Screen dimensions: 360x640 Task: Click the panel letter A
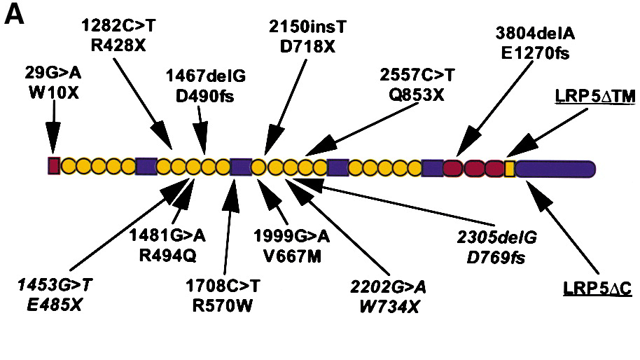(x=15, y=15)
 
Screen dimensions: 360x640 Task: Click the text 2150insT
(x=309, y=28)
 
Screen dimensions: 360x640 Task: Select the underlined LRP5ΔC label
(x=597, y=289)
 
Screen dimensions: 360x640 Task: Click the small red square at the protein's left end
(x=53, y=166)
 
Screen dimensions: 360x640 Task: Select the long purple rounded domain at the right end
(x=556, y=168)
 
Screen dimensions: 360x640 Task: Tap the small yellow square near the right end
(x=510, y=167)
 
